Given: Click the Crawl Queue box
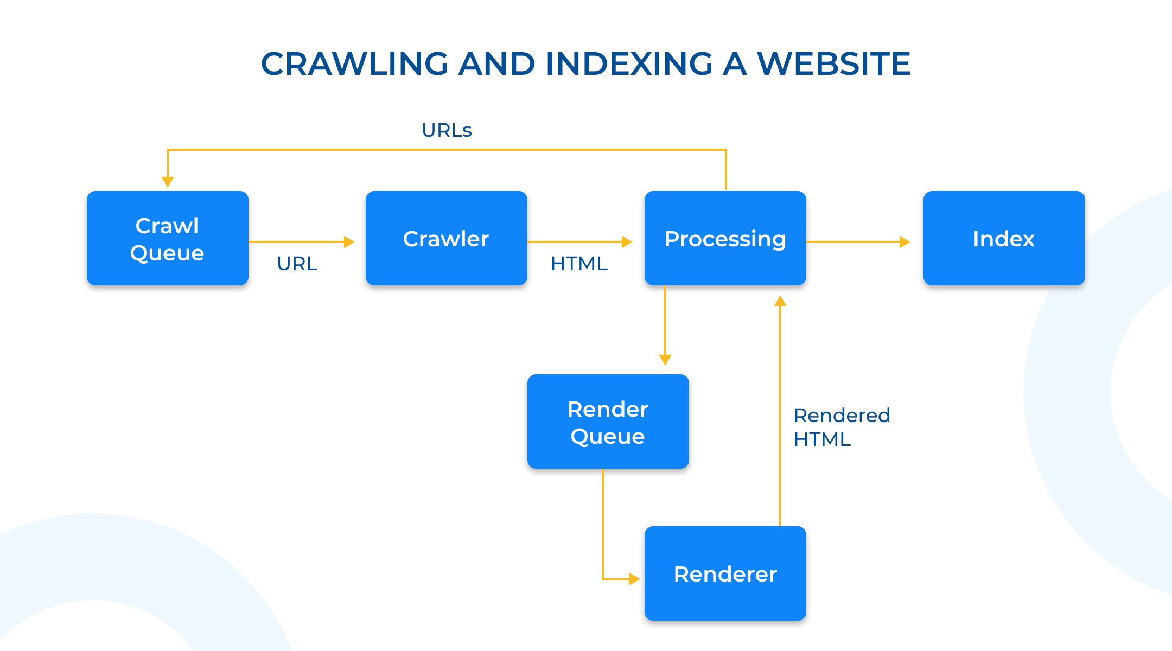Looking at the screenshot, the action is [x=168, y=238].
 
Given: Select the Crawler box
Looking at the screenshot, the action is [x=447, y=238].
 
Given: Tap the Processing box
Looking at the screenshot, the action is [x=725, y=238].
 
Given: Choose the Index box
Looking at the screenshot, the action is [x=1004, y=238].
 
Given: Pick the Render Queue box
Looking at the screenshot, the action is [x=608, y=422].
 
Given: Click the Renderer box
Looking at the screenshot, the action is [x=725, y=573].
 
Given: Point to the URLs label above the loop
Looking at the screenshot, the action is [x=447, y=130].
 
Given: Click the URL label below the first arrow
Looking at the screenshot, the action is [x=297, y=264].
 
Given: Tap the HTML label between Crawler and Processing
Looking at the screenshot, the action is [x=579, y=264].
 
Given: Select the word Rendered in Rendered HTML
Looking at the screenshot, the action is [x=842, y=416].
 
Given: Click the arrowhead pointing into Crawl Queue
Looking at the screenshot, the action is [x=168, y=182].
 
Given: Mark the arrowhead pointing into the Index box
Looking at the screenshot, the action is [x=905, y=242].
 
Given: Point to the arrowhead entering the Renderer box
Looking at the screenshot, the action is [x=635, y=579].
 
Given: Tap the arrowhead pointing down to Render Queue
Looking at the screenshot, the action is [x=665, y=360].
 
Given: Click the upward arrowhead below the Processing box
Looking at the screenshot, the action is [x=780, y=301].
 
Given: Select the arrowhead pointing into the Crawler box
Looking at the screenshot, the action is [x=349, y=242].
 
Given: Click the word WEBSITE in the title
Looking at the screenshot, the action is [x=833, y=63].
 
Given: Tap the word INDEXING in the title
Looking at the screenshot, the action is [x=629, y=63].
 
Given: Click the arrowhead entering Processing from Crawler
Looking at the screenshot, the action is [x=627, y=242].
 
